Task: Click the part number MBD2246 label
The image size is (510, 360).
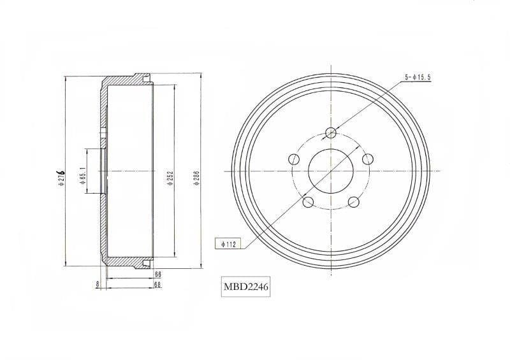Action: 245,287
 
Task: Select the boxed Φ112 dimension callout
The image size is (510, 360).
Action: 226,243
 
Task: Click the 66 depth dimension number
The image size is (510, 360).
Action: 157,274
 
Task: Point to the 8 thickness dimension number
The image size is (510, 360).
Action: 97,284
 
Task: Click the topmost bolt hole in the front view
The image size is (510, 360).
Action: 331,133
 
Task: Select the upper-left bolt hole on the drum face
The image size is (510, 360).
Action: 294,159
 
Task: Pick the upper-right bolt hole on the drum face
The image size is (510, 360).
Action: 367,159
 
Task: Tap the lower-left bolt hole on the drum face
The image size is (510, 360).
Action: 308,202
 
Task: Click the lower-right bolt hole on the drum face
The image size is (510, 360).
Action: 353,202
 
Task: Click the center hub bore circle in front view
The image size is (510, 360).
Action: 331,171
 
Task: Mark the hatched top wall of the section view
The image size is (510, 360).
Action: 124,83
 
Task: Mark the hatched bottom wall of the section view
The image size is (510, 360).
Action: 124,261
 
